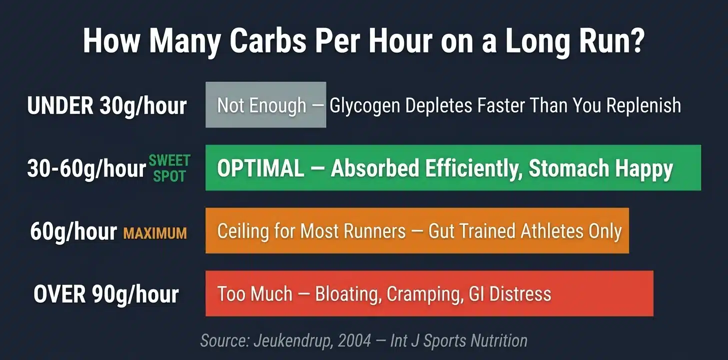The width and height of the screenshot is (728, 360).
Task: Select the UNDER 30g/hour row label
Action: click(107, 105)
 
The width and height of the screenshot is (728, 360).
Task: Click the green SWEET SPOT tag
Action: click(169, 168)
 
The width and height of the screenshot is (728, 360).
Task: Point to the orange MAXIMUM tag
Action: click(155, 233)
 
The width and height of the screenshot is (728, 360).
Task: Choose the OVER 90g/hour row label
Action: click(106, 294)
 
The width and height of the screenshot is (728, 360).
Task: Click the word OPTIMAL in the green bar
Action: click(260, 169)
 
